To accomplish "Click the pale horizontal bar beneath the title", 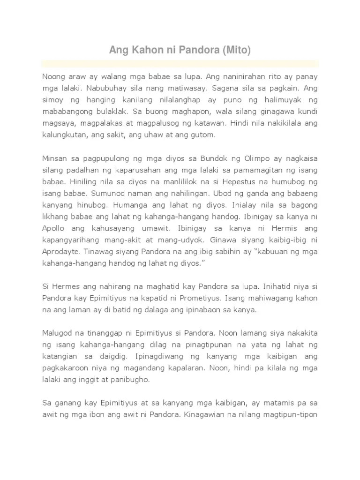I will click(x=180, y=63).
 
